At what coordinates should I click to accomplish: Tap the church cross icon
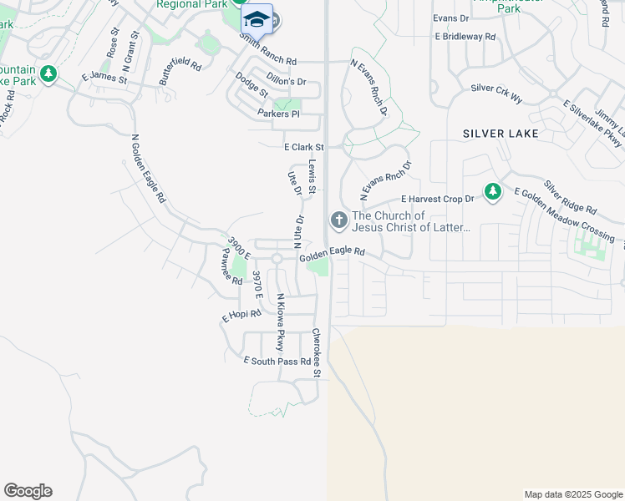click(x=338, y=220)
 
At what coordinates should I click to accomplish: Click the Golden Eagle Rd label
click(x=333, y=252)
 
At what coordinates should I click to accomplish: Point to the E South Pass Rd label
click(x=277, y=362)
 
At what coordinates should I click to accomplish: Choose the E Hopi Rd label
click(x=241, y=316)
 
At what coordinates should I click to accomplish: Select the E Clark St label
click(x=302, y=146)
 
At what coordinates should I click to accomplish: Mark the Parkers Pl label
click(x=278, y=114)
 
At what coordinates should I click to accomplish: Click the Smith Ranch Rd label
click(x=267, y=50)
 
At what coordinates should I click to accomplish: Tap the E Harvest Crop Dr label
click(x=437, y=199)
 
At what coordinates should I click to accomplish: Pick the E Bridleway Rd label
click(x=465, y=38)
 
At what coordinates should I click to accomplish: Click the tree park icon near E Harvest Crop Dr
click(x=493, y=193)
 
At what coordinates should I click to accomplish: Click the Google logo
click(x=28, y=491)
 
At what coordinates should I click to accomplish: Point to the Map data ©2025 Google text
click(x=572, y=494)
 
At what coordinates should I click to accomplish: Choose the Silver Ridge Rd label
click(x=570, y=197)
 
